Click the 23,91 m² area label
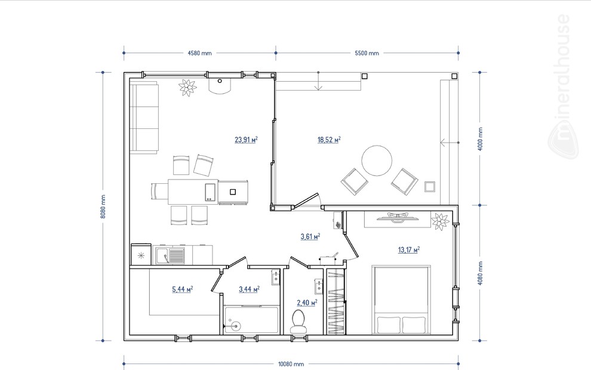click(x=246, y=140)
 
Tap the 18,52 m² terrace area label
click(x=329, y=140)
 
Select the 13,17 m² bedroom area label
click(x=409, y=249)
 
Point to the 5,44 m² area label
click(x=183, y=289)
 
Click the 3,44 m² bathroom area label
click(x=249, y=289)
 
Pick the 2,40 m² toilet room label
click(x=307, y=302)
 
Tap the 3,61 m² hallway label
click(x=310, y=236)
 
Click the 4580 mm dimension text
click(x=200, y=53)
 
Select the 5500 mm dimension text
click(x=367, y=53)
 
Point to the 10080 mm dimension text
click(x=291, y=364)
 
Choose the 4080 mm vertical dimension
click(x=480, y=273)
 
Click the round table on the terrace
click(x=377, y=161)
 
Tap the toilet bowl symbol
click(x=298, y=322)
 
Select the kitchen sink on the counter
click(x=170, y=255)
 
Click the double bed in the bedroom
click(x=401, y=300)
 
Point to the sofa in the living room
click(x=144, y=118)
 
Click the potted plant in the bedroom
click(x=440, y=221)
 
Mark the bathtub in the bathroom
click(x=251, y=320)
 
